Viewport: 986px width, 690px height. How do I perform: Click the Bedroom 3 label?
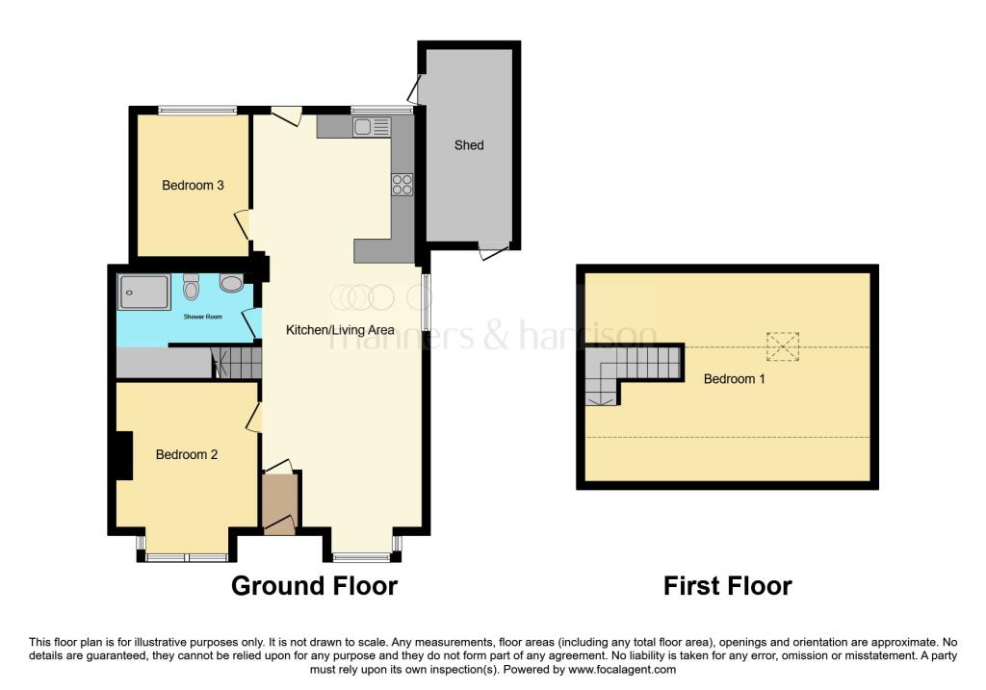pyautogui.click(x=193, y=186)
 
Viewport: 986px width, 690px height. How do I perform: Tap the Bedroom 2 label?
pyautogui.click(x=187, y=454)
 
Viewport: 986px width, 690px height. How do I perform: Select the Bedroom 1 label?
pyautogui.click(x=734, y=379)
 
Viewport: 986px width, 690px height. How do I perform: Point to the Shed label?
pyautogui.click(x=469, y=145)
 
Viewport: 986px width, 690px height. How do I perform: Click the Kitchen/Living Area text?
pyautogui.click(x=340, y=330)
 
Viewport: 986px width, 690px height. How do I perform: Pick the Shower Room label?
pyautogui.click(x=202, y=317)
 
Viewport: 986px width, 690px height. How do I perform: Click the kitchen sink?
pyautogui.click(x=372, y=128)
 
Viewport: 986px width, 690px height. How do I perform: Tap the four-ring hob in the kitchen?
pyautogui.click(x=402, y=184)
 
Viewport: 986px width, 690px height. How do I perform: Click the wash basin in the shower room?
pyautogui.click(x=231, y=283)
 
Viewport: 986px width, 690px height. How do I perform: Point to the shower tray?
pyautogui.click(x=144, y=292)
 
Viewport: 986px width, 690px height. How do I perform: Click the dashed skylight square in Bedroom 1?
pyautogui.click(x=782, y=346)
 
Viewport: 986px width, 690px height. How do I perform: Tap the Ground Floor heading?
pyautogui.click(x=315, y=586)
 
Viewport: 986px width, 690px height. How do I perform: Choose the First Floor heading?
pyautogui.click(x=728, y=586)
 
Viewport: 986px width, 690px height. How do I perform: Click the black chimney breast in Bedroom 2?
pyautogui.click(x=124, y=455)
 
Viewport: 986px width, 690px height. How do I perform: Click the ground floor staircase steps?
pyautogui.click(x=237, y=363)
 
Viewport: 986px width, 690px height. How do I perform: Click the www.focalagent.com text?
pyautogui.click(x=622, y=670)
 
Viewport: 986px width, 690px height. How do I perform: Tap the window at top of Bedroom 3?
pyautogui.click(x=197, y=111)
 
